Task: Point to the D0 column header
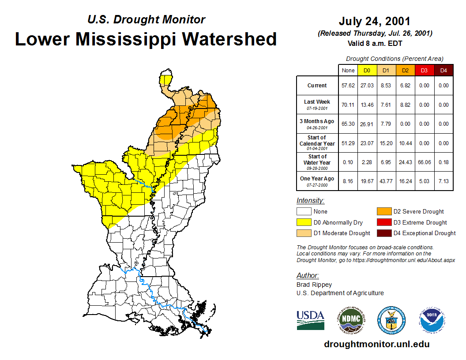(367, 70)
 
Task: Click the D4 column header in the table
(443, 70)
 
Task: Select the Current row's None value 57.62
(348, 86)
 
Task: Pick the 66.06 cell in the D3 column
(424, 162)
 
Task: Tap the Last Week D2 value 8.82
(405, 105)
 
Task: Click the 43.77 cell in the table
(386, 181)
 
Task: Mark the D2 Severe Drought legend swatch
(384, 212)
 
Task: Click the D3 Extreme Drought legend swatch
(384, 222)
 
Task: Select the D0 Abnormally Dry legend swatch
(304, 222)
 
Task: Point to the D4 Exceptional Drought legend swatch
(384, 233)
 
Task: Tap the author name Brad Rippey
(314, 285)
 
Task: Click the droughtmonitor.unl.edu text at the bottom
(376, 344)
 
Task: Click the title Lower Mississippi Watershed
(146, 39)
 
